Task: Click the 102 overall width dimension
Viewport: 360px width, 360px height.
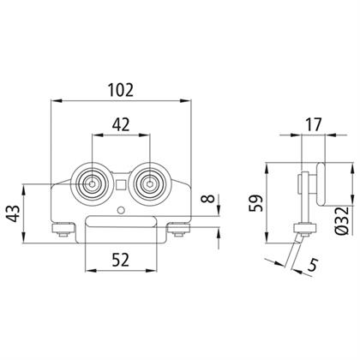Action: [x=121, y=90]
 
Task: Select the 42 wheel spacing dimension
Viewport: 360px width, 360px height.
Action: [x=121, y=125]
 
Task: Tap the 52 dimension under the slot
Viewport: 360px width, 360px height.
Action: [x=121, y=260]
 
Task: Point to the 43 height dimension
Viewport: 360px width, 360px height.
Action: [x=14, y=213]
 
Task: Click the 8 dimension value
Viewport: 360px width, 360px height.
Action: [x=209, y=198]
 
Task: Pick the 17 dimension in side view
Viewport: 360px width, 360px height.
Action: [x=313, y=124]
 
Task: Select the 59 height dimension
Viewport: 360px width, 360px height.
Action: [x=255, y=203]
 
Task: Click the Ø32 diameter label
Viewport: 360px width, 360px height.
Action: [x=342, y=220]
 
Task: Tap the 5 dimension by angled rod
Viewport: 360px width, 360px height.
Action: [x=313, y=265]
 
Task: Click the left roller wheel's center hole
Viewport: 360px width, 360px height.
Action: [x=92, y=184]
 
